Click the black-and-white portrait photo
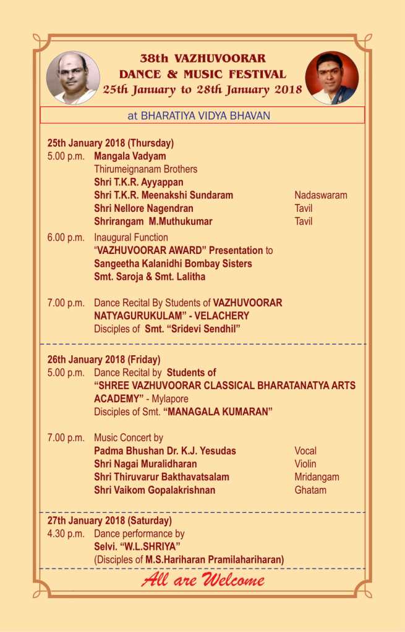click(73, 77)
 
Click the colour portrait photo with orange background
click(332, 77)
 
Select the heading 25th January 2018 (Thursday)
click(111, 143)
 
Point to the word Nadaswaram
click(320, 195)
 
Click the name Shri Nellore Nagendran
click(143, 208)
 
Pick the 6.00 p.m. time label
click(66, 237)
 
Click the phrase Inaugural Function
click(131, 237)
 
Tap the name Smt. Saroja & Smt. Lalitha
click(150, 277)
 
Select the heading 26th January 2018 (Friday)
click(104, 359)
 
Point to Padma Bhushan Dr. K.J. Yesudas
click(165, 451)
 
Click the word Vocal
click(305, 451)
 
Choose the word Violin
click(305, 464)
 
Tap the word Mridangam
click(317, 477)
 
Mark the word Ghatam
click(310, 490)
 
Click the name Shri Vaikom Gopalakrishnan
click(155, 490)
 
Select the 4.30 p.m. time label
click(66, 534)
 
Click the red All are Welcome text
click(203, 580)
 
